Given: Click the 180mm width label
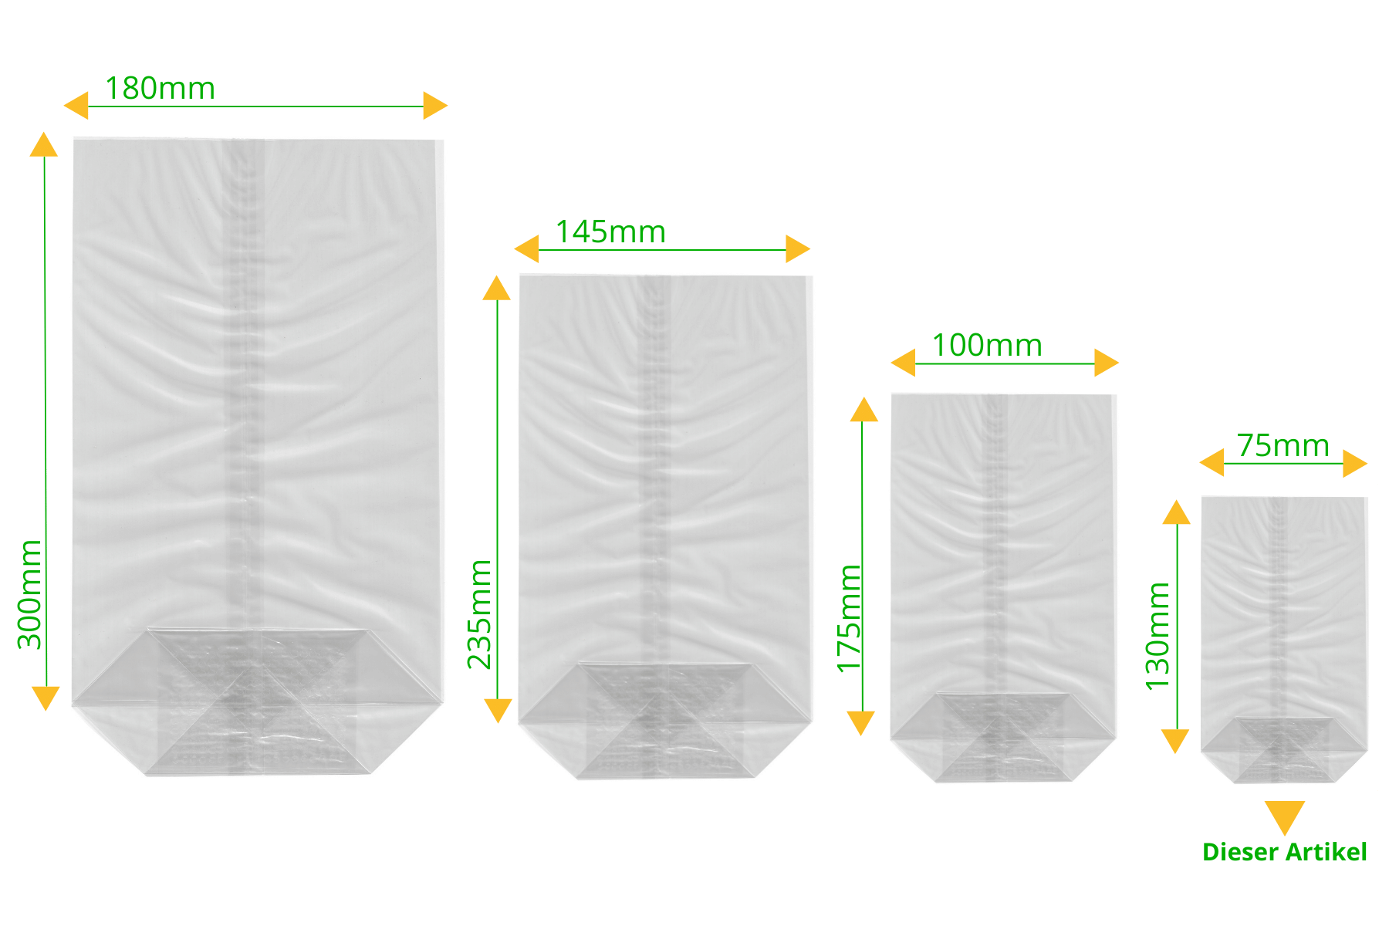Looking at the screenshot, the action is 160,88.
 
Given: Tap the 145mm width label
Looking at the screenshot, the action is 610,231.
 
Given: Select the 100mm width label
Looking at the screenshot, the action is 987,345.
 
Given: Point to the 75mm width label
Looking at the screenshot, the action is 1283,446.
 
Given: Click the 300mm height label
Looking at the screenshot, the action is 29,594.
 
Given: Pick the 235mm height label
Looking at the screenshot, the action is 479,614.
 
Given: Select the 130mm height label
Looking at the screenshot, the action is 1157,637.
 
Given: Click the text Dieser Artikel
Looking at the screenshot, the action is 1284,852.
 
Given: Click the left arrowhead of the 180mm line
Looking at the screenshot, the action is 76,106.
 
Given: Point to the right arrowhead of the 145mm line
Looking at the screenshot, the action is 798,249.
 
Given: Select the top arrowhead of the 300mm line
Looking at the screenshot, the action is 44,144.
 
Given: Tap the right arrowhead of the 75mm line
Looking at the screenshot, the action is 1355,464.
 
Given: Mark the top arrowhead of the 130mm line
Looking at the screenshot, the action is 1176,512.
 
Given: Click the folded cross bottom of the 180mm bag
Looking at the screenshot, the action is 258,701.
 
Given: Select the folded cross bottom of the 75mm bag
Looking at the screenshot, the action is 1284,750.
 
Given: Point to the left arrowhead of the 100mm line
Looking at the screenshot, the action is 903,363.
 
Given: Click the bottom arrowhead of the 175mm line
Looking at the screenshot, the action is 861,723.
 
